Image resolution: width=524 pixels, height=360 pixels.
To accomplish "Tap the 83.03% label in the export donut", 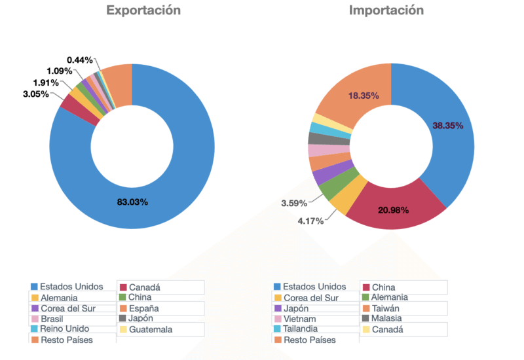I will point(132,202).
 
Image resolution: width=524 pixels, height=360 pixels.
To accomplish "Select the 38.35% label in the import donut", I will point(447,125).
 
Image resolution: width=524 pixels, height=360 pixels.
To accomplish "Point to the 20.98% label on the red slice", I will point(394,210).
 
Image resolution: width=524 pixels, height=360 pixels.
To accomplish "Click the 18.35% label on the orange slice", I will point(364,96).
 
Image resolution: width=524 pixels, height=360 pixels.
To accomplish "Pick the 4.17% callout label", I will point(310,221).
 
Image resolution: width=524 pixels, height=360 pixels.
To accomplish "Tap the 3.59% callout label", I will point(294,204).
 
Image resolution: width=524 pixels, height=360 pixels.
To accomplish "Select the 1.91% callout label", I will point(46,83).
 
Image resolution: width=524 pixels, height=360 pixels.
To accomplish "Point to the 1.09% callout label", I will point(59,71).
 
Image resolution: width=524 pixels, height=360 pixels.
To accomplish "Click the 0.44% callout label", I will point(79,60).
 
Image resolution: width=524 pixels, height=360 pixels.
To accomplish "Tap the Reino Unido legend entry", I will point(64,329).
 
